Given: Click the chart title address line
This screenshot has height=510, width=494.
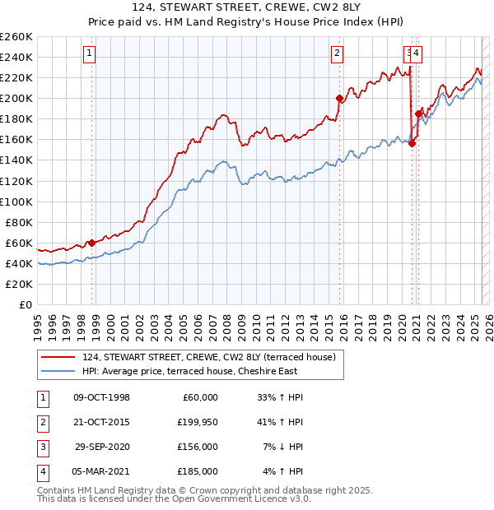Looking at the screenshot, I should click(246, 8).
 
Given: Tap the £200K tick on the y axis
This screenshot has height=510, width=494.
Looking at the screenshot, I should click(16, 98).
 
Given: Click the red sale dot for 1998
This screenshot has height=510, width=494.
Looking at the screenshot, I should click(91, 243).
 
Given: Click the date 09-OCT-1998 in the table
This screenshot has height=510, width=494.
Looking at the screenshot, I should click(101, 397).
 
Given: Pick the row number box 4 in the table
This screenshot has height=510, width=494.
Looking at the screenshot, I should click(40, 471).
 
